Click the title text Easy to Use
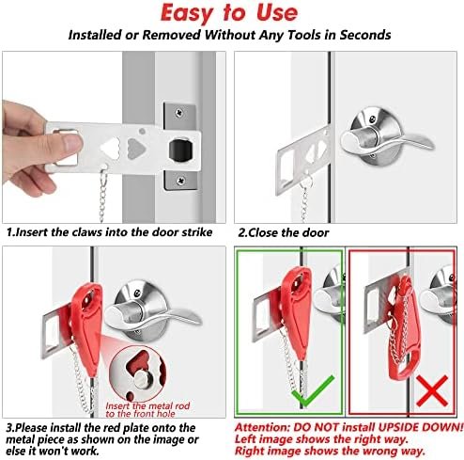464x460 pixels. click(x=232, y=14)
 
